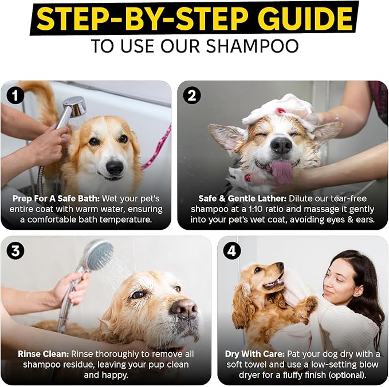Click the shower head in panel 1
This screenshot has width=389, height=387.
click(74, 106)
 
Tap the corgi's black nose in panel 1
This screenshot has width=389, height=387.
click(115, 167)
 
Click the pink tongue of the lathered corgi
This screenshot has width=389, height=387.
click(282, 172)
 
